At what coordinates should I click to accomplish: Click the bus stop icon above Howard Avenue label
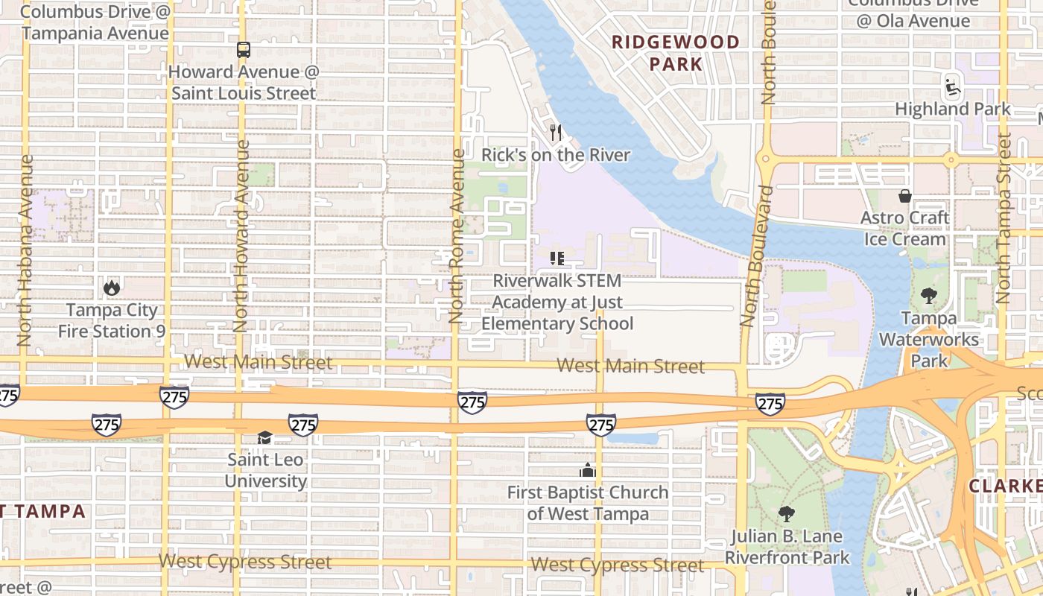tap(244, 50)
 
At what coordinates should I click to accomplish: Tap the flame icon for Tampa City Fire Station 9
tap(112, 288)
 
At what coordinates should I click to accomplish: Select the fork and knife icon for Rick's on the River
tap(555, 133)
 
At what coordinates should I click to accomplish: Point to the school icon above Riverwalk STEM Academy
tap(557, 259)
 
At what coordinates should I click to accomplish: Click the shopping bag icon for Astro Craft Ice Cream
tap(905, 196)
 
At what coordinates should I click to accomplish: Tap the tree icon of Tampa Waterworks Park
tap(928, 296)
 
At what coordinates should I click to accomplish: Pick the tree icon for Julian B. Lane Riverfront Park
tap(787, 513)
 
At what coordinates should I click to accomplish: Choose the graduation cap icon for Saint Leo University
tap(265, 437)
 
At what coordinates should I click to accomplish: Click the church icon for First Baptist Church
tap(588, 470)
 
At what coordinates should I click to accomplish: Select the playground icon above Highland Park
tap(952, 86)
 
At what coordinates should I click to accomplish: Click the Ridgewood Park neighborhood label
tap(676, 53)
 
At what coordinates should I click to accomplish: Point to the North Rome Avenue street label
tap(456, 237)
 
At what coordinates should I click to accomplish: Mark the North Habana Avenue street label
tap(25, 250)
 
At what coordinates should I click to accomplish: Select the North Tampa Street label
tap(1004, 218)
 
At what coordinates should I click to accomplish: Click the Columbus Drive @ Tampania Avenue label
tap(95, 22)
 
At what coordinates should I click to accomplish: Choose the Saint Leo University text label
tap(266, 470)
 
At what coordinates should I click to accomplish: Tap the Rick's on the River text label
tap(556, 155)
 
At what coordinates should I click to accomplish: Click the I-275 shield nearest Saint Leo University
tap(303, 425)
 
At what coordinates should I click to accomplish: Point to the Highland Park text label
tap(953, 109)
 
